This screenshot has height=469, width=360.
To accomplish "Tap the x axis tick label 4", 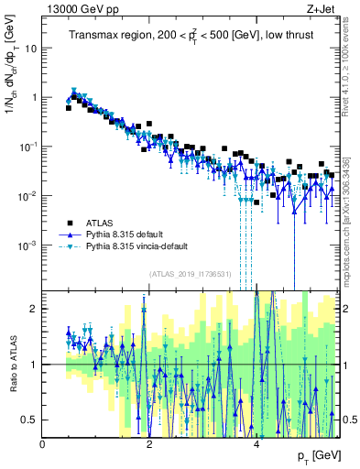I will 256,444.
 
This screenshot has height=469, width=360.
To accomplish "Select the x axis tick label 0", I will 43,444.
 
